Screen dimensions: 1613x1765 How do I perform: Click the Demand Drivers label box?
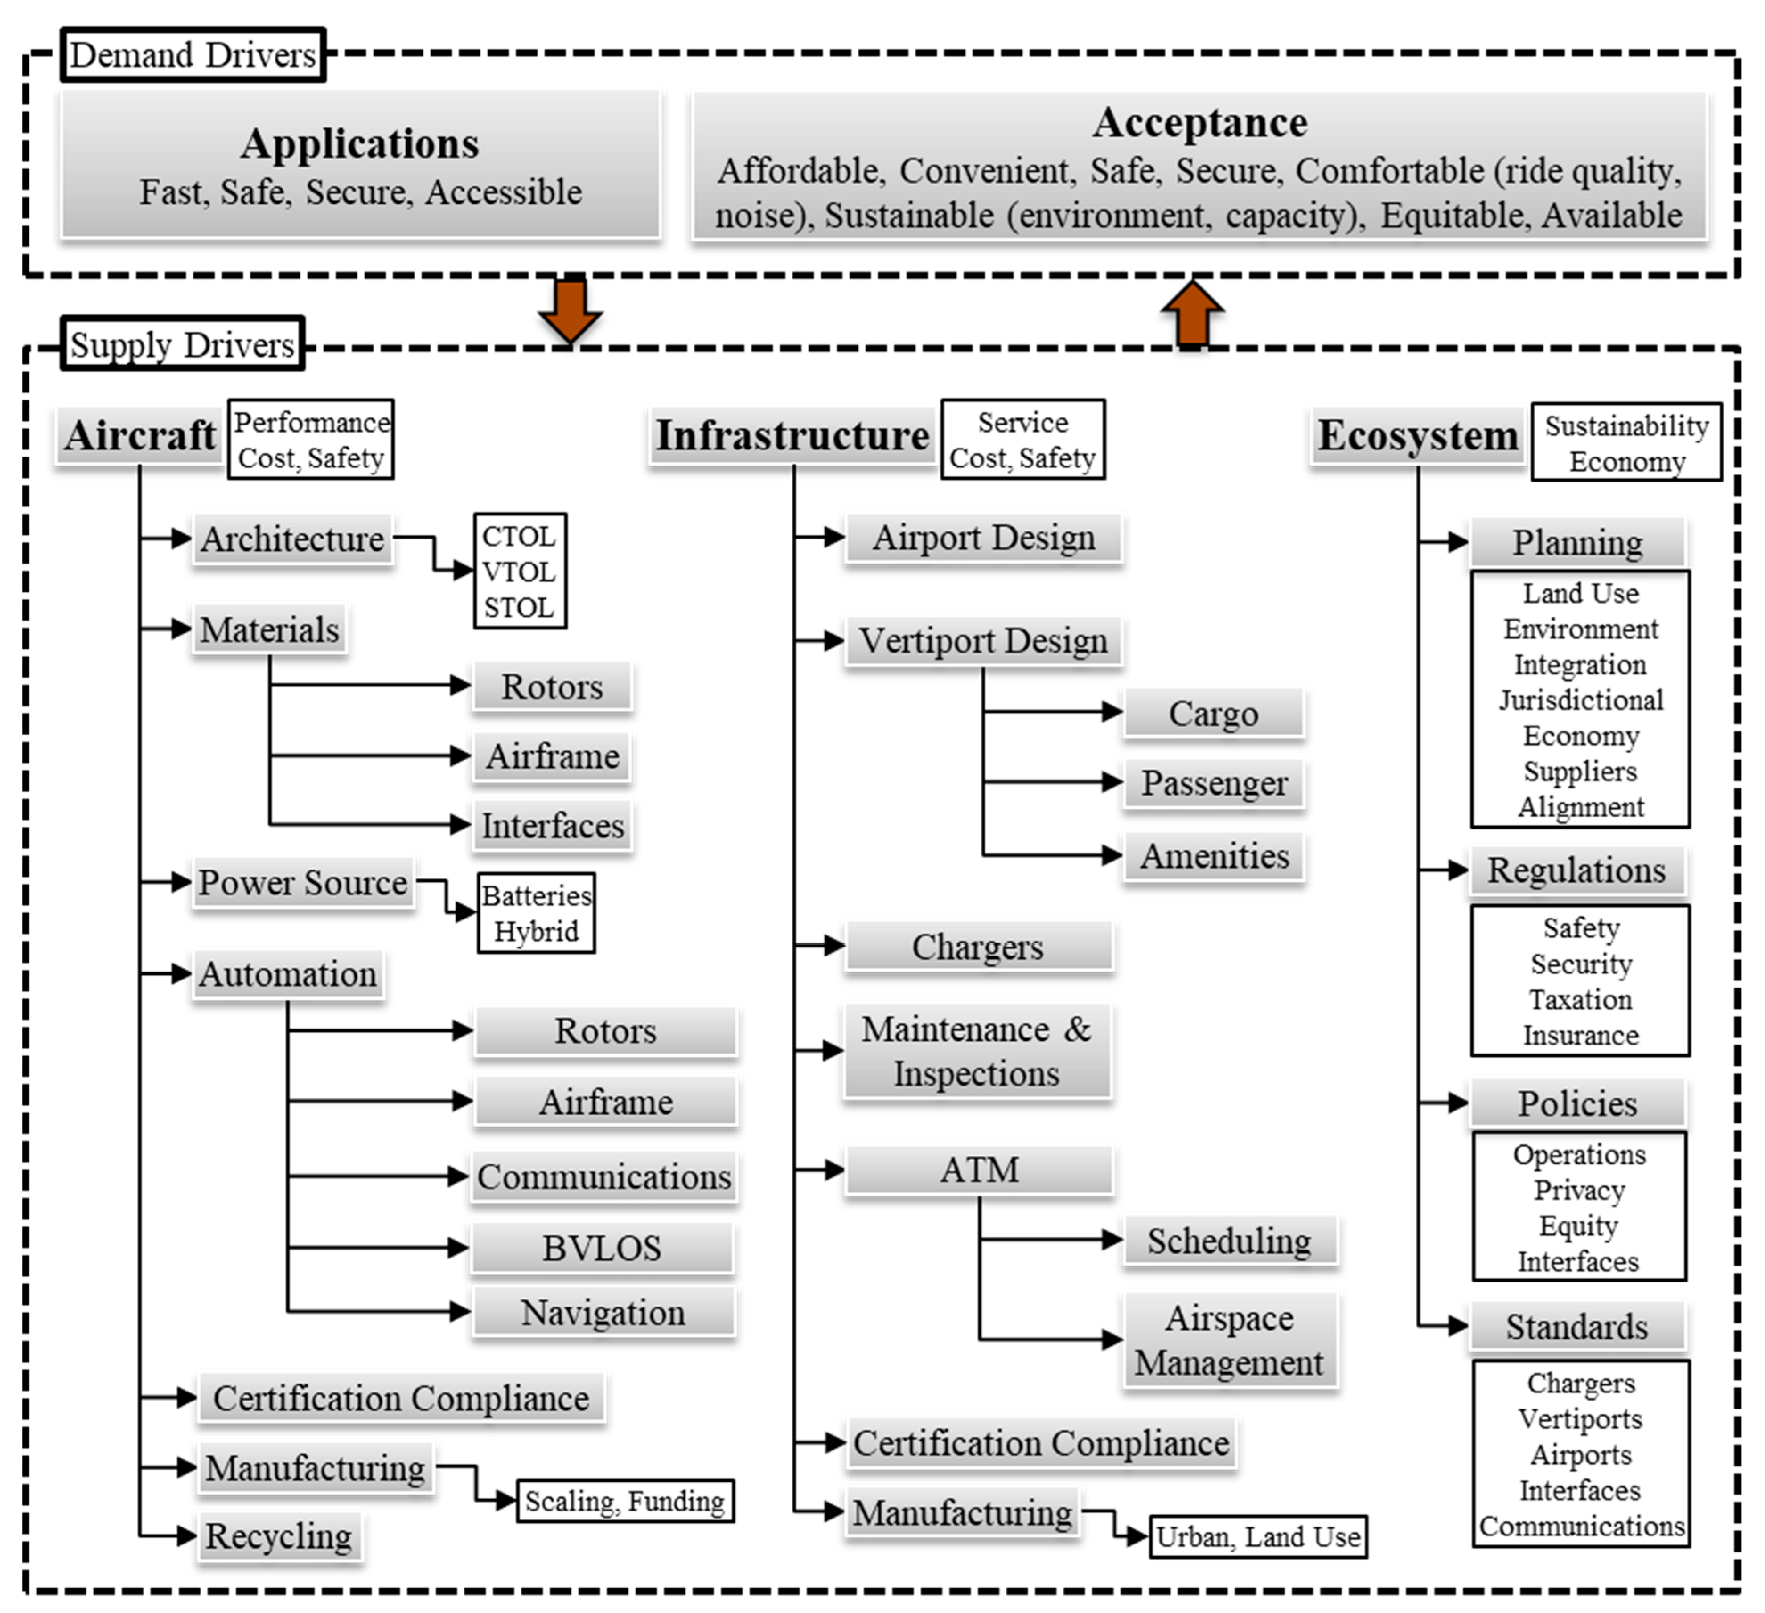click(x=193, y=55)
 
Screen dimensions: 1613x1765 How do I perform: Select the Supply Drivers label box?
click(x=182, y=344)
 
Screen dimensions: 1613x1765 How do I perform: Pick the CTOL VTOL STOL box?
click(x=520, y=571)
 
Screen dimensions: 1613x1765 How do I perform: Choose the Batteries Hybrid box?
click(x=536, y=913)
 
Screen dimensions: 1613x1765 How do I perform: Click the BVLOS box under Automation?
click(x=602, y=1247)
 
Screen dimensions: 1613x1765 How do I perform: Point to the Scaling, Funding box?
click(x=625, y=1501)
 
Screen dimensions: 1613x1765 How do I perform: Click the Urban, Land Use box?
click(x=1258, y=1537)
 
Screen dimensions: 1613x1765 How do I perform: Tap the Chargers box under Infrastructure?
click(x=978, y=946)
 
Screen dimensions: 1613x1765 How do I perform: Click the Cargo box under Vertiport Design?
click(x=1213, y=713)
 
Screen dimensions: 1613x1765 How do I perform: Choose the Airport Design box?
click(x=983, y=537)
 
